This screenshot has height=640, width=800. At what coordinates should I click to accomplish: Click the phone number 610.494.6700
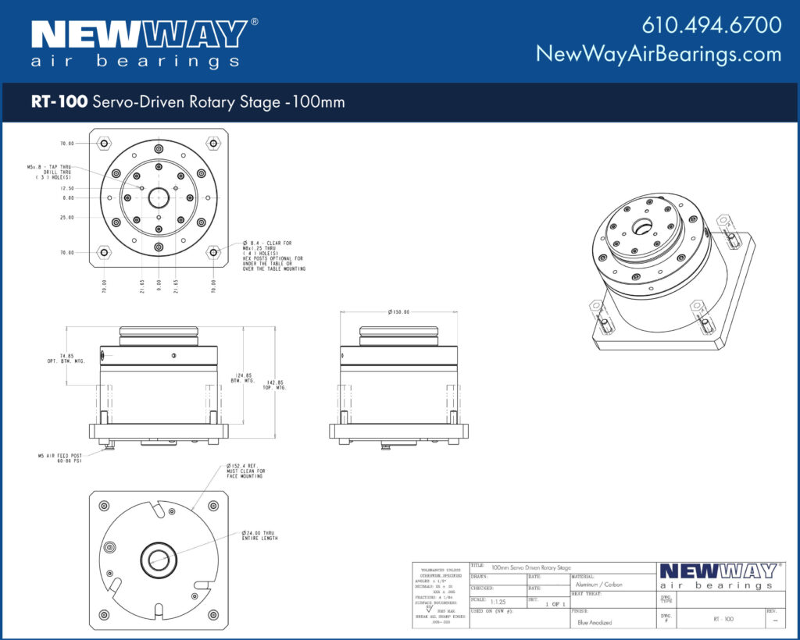click(x=711, y=25)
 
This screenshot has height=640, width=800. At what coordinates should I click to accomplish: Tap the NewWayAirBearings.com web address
click(x=658, y=54)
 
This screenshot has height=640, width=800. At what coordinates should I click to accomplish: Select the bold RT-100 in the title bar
click(x=59, y=102)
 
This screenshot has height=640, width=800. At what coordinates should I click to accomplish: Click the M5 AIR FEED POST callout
click(x=60, y=458)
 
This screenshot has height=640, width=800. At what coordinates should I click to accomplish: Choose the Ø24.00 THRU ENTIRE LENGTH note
click(x=259, y=535)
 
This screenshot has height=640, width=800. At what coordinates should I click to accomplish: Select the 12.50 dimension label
click(x=67, y=188)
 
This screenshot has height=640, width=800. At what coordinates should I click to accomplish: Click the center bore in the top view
click(x=159, y=197)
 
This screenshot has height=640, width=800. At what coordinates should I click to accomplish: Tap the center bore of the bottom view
click(x=159, y=559)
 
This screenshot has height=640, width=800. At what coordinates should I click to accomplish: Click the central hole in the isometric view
click(x=645, y=228)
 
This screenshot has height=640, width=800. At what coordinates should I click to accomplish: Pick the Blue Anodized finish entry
click(x=595, y=622)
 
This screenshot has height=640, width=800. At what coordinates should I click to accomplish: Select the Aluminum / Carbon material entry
click(x=599, y=584)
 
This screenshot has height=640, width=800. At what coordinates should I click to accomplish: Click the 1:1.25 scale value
click(x=498, y=602)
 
